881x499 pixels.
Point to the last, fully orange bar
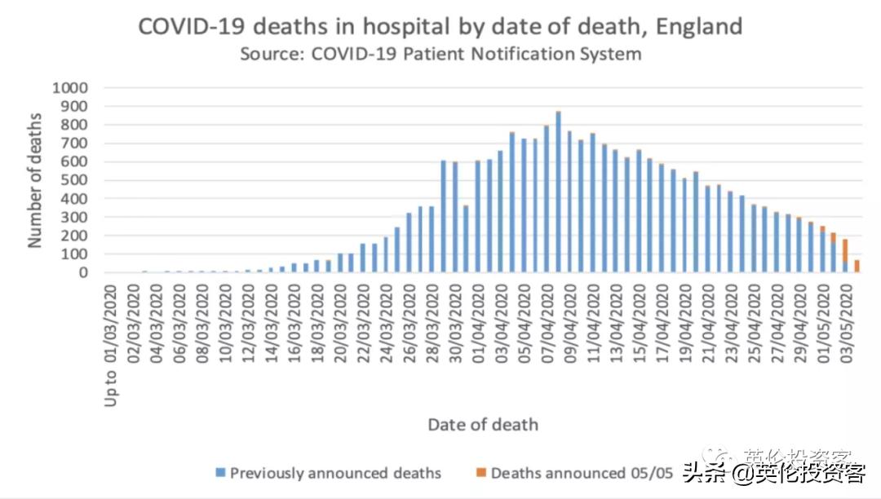point(857,267)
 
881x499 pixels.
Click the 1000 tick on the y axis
point(70,87)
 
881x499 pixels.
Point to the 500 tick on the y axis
point(75,180)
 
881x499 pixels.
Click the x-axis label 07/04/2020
point(547,317)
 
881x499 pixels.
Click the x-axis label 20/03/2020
point(341,317)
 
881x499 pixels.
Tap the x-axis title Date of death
point(483,424)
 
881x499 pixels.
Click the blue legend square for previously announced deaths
point(220,473)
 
